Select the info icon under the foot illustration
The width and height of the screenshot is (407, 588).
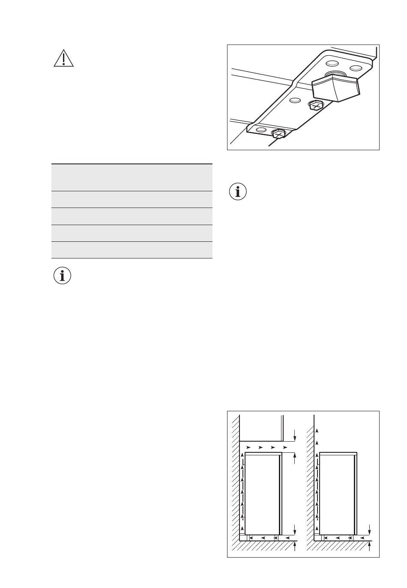(x=238, y=191)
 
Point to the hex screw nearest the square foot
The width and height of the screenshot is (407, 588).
(x=316, y=105)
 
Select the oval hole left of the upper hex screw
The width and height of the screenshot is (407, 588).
(x=294, y=101)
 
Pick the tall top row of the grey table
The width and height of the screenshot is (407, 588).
(x=132, y=178)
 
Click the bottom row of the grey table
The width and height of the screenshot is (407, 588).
(x=132, y=250)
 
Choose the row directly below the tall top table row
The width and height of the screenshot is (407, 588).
(x=132, y=199)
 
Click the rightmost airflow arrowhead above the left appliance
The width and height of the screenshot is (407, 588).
(x=285, y=447)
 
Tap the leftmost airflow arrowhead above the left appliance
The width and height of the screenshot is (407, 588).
(x=248, y=447)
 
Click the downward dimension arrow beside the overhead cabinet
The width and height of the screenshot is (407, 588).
(x=295, y=435)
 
